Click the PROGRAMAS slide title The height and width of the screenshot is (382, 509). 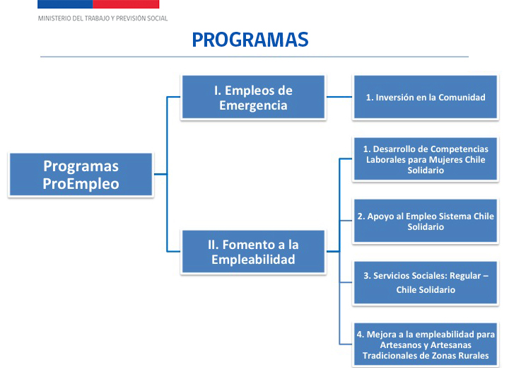coord(250,40)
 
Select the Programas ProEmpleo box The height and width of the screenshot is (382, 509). coord(81,175)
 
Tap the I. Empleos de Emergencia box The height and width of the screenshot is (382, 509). coord(253,98)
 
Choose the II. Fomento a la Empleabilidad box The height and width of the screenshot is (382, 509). coord(253,252)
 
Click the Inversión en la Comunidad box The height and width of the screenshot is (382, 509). coord(425,98)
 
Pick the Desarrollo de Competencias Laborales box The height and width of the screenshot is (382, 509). coord(425,160)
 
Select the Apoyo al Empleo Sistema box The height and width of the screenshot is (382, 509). coord(425,221)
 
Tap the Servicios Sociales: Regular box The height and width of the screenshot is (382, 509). coord(425,282)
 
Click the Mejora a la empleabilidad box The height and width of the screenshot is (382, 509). coord(425,345)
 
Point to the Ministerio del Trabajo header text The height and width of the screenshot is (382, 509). coord(103,18)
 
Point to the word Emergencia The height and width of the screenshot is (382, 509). coord(253,105)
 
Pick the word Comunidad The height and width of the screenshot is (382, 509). coord(462,98)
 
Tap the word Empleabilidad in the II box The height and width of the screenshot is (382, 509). coord(253,260)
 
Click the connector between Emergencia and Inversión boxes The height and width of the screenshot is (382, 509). coord(339,98)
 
